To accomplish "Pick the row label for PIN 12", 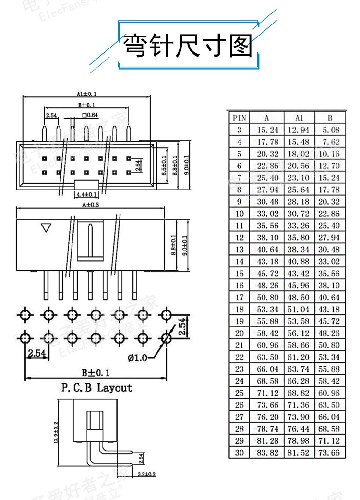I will (x=240, y=238).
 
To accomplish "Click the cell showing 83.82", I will (x=268, y=452).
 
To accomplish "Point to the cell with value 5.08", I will (x=331, y=130).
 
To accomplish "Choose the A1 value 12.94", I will (x=300, y=130).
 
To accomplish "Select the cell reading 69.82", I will (x=300, y=393).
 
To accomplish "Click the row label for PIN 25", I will (x=240, y=393).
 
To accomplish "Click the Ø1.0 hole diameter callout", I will (x=138, y=357).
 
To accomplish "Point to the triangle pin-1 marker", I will (x=46, y=227).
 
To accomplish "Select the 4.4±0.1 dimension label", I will (x=86, y=194).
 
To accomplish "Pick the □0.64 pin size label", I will (x=90, y=115).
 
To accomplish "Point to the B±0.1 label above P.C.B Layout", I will (x=96, y=372).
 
